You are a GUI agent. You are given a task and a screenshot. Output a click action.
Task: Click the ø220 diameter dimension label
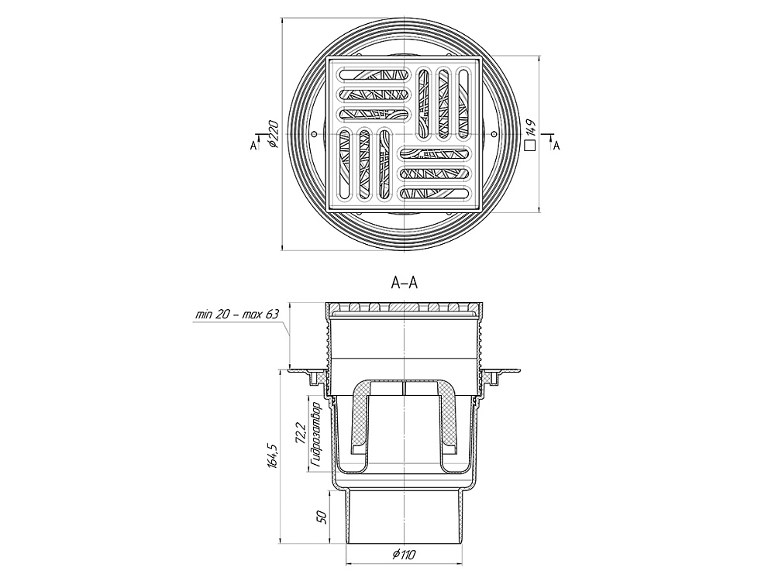274,134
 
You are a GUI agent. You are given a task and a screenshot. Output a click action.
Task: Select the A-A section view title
405,283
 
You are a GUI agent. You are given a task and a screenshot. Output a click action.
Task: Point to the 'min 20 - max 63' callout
237,315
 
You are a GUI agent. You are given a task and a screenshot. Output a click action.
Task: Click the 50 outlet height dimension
322,517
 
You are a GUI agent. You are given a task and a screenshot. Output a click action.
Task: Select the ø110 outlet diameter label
405,555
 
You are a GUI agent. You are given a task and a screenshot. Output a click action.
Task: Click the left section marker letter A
253,146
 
